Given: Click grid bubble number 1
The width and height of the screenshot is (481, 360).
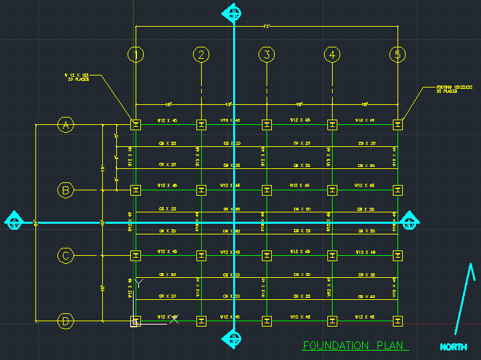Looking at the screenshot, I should [x=136, y=55].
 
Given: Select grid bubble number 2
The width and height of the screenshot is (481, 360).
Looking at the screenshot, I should [x=202, y=55].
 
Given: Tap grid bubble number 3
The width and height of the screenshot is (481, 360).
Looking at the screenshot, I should [x=267, y=55].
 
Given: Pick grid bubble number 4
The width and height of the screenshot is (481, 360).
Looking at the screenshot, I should [x=333, y=55].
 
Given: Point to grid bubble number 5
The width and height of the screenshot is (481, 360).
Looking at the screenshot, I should [x=398, y=55].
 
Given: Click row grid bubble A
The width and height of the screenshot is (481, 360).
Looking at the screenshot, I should [x=65, y=124].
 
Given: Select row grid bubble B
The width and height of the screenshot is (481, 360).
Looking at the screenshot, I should [x=65, y=190].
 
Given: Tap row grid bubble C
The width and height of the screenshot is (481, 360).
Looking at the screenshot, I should [x=65, y=255].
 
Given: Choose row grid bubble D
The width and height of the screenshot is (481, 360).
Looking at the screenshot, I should [x=65, y=321].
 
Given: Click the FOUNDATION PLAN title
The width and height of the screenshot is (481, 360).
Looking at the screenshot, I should [x=345, y=346].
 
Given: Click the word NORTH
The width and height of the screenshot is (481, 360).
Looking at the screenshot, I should [x=454, y=347].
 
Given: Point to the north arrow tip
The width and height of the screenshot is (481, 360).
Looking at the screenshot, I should [x=472, y=264].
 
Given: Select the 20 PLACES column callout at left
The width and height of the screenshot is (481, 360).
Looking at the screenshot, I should [x=77, y=77].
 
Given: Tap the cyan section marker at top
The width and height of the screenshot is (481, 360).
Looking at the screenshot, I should [x=234, y=12].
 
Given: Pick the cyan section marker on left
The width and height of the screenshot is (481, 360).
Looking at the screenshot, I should [x=14, y=222].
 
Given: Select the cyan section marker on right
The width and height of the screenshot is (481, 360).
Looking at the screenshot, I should [x=410, y=222].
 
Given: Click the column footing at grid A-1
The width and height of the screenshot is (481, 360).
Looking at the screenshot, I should [x=136, y=124].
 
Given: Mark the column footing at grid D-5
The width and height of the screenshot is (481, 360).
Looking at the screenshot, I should [x=398, y=321].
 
